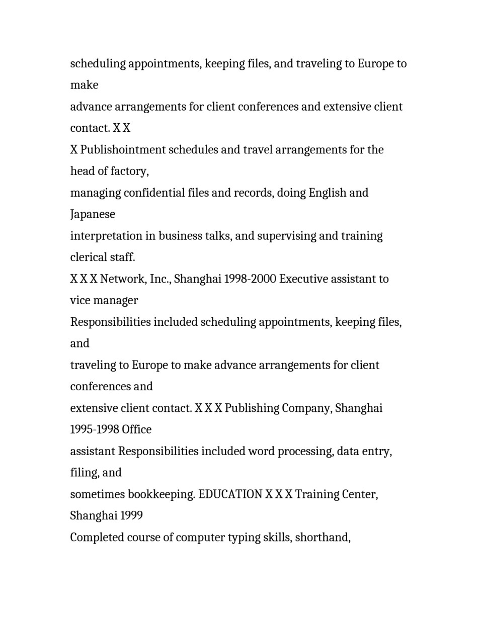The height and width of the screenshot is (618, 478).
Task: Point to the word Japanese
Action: [93, 215]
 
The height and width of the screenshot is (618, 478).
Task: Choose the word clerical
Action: [86, 257]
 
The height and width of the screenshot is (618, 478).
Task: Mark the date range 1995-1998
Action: [94, 430]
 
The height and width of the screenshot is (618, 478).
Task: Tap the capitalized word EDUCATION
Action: [230, 495]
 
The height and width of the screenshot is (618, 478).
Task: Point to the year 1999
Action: [131, 516]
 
